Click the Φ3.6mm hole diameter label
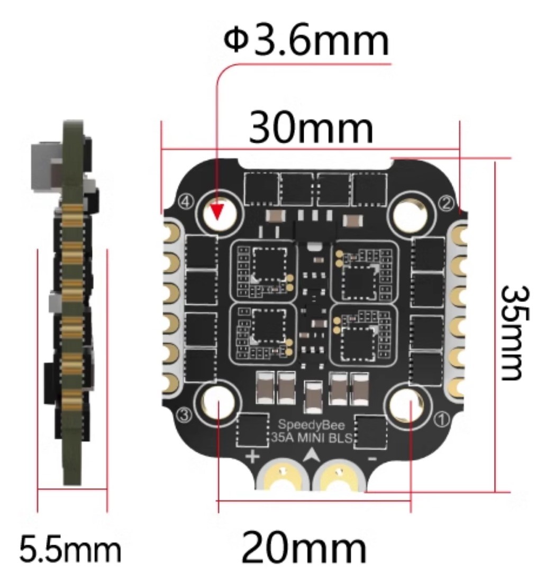coord(306,40)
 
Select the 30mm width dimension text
coord(311,127)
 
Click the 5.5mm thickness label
coord(70,549)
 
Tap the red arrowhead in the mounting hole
coord(217,212)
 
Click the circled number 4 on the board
coord(187,202)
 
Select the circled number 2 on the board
coord(447,203)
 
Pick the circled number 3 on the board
coord(186,415)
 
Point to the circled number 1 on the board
coord(442,420)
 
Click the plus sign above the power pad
coord(253,456)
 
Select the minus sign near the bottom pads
coord(372,459)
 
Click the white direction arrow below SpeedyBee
coord(310,454)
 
